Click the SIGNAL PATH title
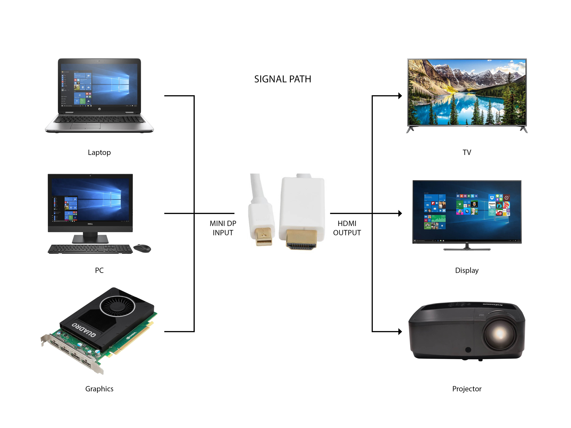coord(283,79)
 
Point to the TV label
coord(467,153)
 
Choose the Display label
coord(467,270)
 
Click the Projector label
coord(467,389)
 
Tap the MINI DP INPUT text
coord(223,228)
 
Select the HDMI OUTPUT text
coord(347,228)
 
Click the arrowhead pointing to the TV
coord(400,96)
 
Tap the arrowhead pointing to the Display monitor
coord(400,213)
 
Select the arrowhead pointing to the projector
coord(400,332)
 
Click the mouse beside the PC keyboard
coord(142,248)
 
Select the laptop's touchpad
coord(85,126)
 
